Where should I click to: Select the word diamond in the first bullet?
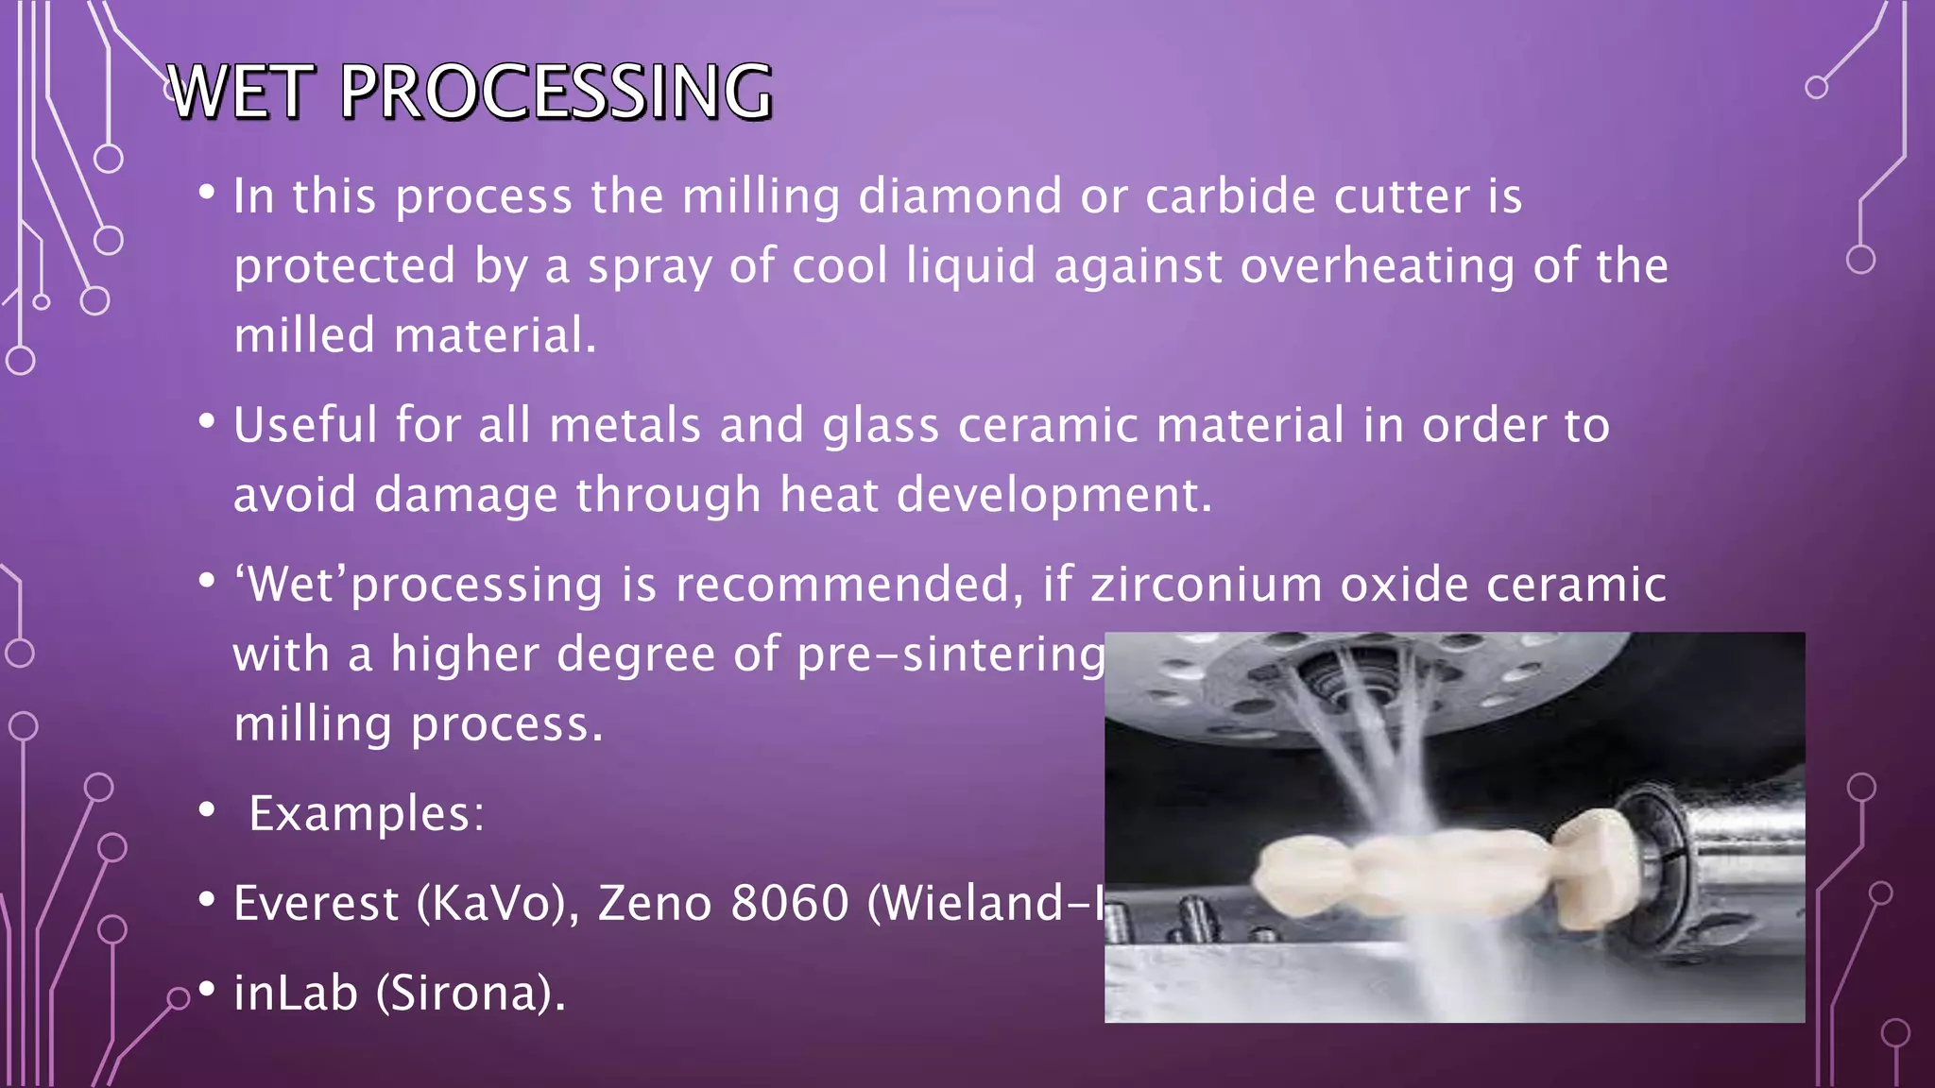click(960, 196)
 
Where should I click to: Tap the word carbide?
click(1230, 196)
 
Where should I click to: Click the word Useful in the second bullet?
click(305, 425)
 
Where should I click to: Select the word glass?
click(881, 425)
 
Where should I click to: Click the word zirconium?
click(1207, 585)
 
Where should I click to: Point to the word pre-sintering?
click(950, 654)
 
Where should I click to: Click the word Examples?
click(367, 813)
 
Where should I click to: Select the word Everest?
click(316, 903)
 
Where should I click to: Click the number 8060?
click(790, 903)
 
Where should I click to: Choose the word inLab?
click(296, 994)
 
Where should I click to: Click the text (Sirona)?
click(471, 994)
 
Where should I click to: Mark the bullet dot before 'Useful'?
click(207, 422)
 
